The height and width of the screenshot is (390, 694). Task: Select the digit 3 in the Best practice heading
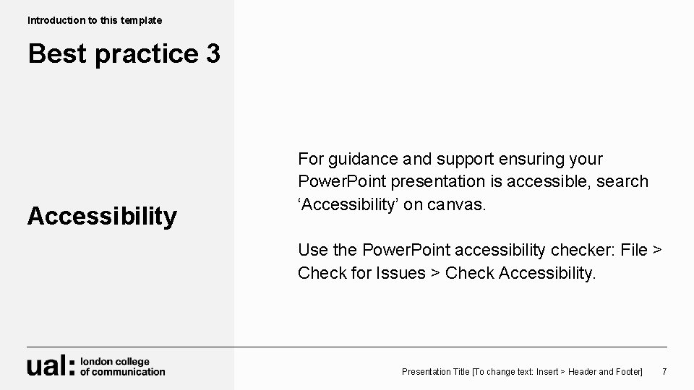click(212, 54)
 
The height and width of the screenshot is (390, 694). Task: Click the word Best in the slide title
click(55, 54)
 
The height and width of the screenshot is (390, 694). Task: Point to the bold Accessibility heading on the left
click(102, 216)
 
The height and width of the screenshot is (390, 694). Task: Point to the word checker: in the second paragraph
click(580, 251)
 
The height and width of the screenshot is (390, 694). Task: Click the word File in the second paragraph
click(634, 251)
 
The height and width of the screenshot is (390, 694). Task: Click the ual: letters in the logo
click(51, 366)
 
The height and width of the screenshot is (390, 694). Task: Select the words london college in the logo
click(115, 361)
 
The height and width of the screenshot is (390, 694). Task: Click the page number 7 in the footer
click(664, 371)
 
